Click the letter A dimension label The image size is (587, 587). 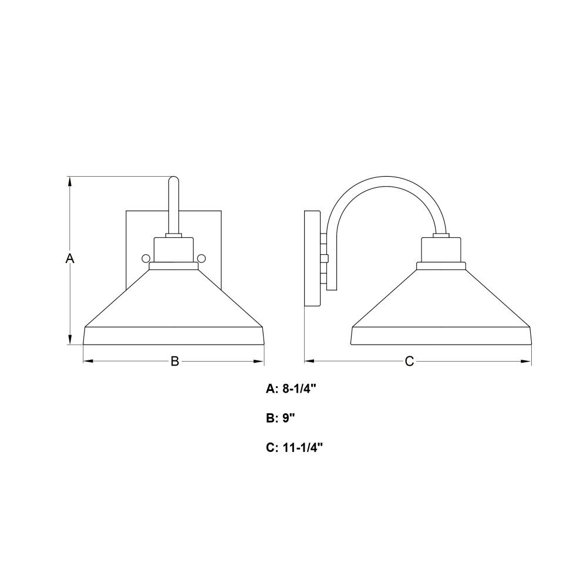pos(70,258)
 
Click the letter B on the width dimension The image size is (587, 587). pos(175,361)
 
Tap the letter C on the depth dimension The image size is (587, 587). pos(410,361)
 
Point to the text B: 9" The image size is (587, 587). pos(281,418)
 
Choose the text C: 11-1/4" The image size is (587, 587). pos(294,447)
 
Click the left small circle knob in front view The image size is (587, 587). pos(146,258)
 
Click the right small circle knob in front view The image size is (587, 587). pos(201,258)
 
